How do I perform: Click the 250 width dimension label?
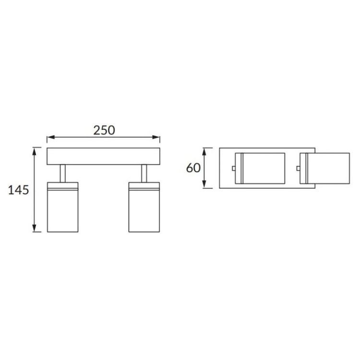pos(104,130)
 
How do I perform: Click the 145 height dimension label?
pos(19,190)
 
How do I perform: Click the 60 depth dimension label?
pos(193,168)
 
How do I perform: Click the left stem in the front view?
pos(62,173)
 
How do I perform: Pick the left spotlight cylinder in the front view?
pos(62,211)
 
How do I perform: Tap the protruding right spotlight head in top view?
pos(326,168)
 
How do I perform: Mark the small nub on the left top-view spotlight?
pos(233,168)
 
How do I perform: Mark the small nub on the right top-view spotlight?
pos(299,168)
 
